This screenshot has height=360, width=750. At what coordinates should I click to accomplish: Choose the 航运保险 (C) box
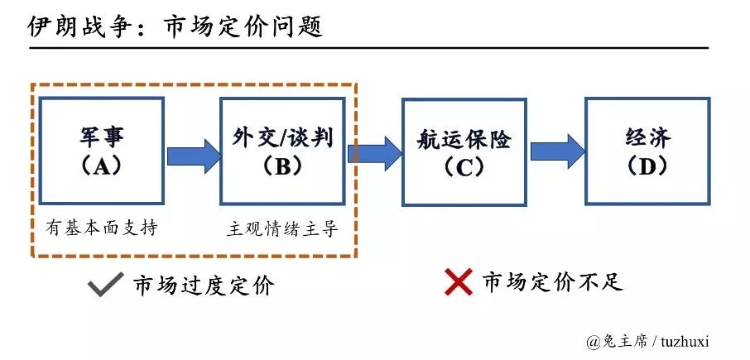coord(464,151)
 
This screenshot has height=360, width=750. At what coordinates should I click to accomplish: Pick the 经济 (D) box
coord(647,151)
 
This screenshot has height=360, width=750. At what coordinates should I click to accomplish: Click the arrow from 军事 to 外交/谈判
coord(193,156)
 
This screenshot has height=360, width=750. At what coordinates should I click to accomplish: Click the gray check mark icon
coord(106,285)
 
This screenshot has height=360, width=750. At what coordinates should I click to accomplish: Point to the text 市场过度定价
coord(203,286)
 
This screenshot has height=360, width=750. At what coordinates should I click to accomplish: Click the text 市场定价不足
coord(552,282)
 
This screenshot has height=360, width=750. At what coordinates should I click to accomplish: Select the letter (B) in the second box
coord(282,166)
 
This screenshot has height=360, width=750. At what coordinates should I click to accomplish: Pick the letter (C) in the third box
coord(464,166)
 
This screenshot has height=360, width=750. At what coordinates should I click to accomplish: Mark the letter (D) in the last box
coord(647,166)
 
